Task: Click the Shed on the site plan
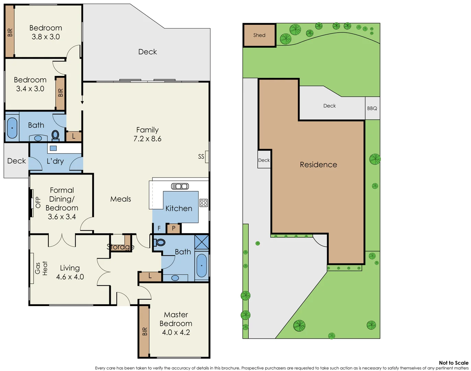click(259, 35)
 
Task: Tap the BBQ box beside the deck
click(372, 108)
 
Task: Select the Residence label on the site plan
click(318, 165)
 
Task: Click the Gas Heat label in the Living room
click(41, 268)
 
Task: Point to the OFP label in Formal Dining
click(38, 202)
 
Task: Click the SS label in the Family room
click(201, 157)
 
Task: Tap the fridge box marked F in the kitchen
click(159, 228)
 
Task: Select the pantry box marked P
click(174, 228)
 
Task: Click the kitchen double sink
click(180, 186)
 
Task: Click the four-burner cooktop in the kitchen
click(204, 203)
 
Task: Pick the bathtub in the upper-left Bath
click(12, 128)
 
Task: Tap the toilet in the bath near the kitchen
click(160, 243)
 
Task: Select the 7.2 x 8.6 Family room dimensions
click(147, 139)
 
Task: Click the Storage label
click(120, 247)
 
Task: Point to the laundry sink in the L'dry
click(53, 148)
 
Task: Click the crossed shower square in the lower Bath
click(202, 242)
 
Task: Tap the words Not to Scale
click(454, 363)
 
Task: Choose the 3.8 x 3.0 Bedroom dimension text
click(46, 37)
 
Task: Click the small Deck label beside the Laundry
click(16, 161)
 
